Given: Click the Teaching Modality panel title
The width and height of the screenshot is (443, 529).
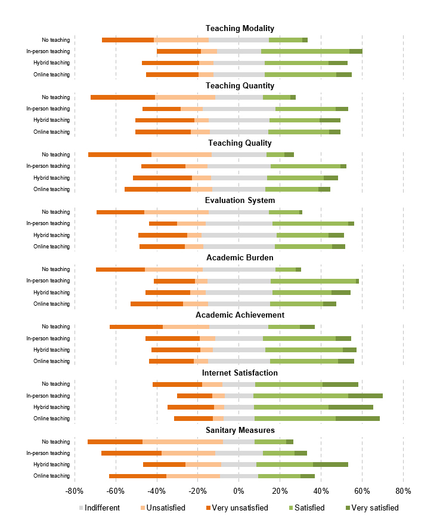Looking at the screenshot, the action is point(240,28).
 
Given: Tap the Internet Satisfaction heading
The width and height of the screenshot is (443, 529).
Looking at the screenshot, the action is point(240,373).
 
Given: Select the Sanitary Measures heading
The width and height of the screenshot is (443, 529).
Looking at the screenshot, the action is point(240,430).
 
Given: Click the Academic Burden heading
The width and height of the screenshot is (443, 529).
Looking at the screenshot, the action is point(240,258).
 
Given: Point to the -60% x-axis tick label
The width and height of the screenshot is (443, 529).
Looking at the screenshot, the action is point(116,491).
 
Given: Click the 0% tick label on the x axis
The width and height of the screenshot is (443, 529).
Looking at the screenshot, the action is point(239,491).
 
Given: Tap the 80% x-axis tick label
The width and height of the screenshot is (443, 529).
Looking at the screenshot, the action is point(403,491).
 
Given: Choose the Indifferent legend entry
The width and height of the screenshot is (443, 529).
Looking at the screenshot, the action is point(100,508).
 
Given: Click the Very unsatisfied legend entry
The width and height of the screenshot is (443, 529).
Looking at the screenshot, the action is point(237,508).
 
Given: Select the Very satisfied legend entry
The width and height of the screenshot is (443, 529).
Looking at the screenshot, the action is point(372,508).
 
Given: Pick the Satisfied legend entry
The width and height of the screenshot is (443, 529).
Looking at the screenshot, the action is point(307,508).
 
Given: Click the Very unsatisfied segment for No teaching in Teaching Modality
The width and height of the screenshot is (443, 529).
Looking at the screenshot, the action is point(128,40).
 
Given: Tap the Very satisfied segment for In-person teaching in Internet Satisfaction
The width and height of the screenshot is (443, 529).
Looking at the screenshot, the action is point(365,396).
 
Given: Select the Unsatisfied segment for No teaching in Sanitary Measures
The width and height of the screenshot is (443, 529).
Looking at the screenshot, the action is point(182,442).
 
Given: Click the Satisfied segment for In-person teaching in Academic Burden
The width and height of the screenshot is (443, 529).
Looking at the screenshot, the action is point(313,281).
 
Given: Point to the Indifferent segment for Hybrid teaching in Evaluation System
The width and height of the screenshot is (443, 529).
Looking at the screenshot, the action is point(239,235).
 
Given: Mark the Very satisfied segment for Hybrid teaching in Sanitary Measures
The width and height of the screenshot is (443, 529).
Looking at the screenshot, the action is point(330,465).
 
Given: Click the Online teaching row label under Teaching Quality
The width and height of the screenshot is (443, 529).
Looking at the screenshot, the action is point(51,189).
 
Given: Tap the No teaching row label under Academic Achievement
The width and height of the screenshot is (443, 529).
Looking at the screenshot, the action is point(56,327).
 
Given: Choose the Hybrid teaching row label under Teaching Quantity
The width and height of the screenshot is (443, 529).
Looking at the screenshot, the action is point(51,120).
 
